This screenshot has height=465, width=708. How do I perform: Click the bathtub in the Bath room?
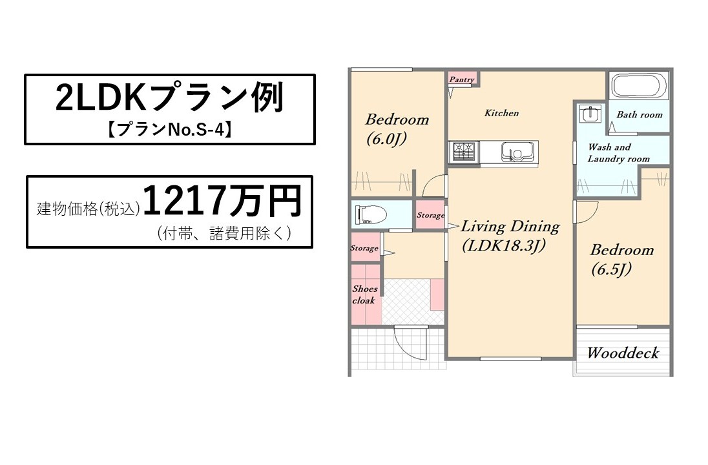point(638,85)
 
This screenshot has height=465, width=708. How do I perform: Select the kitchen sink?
point(517,152)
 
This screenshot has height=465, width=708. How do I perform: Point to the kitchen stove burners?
point(464,152)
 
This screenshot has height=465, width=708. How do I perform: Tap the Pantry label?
point(461,79)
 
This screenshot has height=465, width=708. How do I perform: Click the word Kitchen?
point(502,113)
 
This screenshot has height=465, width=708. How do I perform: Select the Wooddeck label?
point(623,353)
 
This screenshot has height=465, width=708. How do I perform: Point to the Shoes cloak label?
point(365,294)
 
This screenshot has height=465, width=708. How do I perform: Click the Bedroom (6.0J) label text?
point(397,129)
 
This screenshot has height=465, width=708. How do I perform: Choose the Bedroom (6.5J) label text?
point(621,260)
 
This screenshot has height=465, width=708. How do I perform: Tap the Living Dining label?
point(510,226)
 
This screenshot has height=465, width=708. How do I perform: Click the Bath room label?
point(640,115)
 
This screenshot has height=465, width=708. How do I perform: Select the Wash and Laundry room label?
point(619,152)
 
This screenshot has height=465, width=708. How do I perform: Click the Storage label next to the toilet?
point(430,215)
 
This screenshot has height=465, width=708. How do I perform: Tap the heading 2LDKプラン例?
point(170,97)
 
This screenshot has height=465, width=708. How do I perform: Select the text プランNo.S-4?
point(170,130)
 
